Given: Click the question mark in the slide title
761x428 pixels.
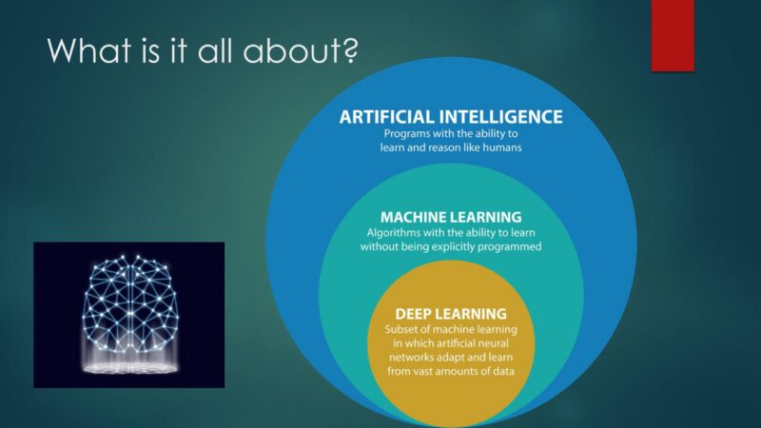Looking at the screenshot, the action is pos(349,50).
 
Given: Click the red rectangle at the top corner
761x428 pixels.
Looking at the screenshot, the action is pos(673,35).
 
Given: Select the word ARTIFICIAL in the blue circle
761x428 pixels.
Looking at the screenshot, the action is pos(387,117).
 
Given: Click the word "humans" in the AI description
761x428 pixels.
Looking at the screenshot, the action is pos(502,147).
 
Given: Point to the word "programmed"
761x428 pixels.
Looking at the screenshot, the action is pos(510,247).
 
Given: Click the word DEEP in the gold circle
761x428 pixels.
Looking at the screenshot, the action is pos(413,314).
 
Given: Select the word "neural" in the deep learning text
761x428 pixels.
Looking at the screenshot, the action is pos(494,343).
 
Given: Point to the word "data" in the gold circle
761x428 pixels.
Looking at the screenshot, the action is pos(503,372).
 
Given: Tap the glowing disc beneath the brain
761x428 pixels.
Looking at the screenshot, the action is pos(130,368).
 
